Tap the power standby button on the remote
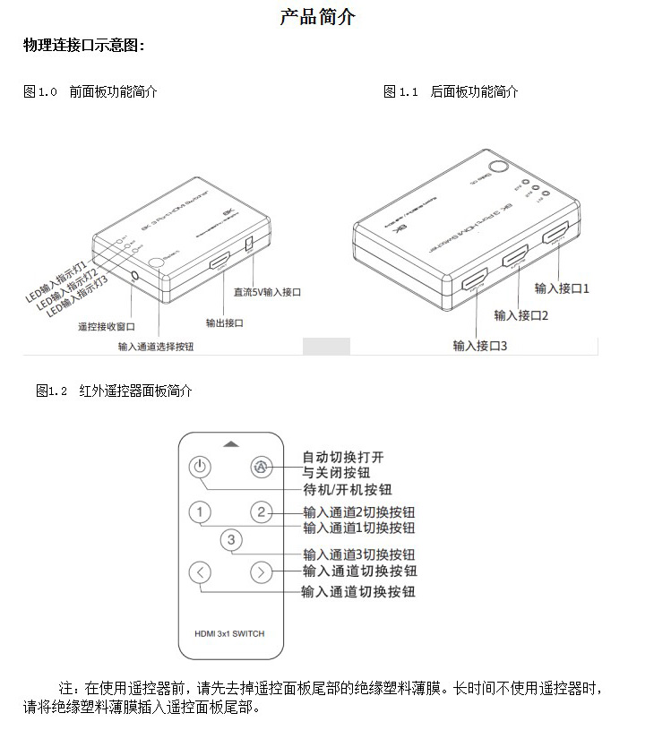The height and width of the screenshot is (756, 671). click(201, 467)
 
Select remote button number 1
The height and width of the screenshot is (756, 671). click(201, 512)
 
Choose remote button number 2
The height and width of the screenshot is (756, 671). click(261, 512)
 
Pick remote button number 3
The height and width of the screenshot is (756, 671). click(231, 539)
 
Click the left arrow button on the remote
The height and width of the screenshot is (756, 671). click(201, 571)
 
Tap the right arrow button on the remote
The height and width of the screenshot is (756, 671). click(261, 571)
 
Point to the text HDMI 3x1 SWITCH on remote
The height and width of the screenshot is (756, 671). click(230, 633)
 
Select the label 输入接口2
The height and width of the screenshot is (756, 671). click(521, 314)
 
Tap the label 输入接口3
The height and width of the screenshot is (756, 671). click(480, 346)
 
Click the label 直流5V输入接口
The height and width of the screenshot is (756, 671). click(267, 292)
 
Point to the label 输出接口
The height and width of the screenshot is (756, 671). click(224, 322)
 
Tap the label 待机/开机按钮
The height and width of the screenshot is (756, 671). click(348, 489)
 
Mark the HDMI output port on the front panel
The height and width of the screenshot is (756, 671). click(219, 263)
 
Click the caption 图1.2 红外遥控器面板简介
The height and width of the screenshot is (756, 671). click(114, 391)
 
